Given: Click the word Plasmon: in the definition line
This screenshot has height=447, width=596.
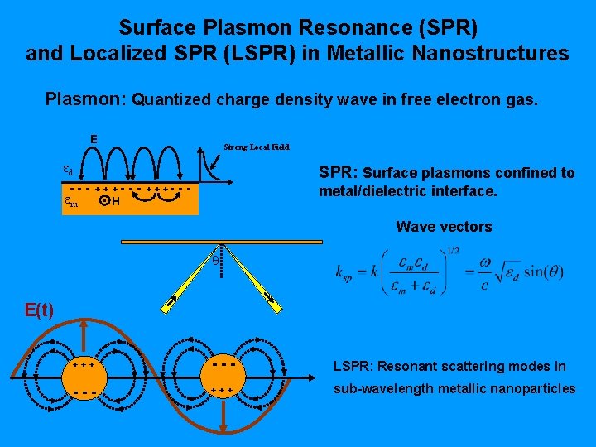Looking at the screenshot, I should tap(84, 100).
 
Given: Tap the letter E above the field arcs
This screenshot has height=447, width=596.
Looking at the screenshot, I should tap(94, 138).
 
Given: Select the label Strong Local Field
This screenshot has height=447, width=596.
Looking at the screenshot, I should tap(257, 147).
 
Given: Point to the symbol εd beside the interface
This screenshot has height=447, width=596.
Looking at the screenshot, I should tap(69, 171).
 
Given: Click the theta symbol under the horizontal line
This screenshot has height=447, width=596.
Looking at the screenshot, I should tap(215, 260).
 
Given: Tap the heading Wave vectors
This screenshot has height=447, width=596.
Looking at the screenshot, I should tap(444, 227).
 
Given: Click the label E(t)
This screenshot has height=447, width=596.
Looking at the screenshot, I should tap(39, 310).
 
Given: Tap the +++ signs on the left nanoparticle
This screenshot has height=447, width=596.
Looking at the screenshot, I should tap(83, 364).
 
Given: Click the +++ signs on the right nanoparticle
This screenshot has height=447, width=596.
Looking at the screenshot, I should tap(224, 390).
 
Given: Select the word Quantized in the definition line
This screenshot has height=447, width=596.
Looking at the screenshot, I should tap(169, 100).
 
